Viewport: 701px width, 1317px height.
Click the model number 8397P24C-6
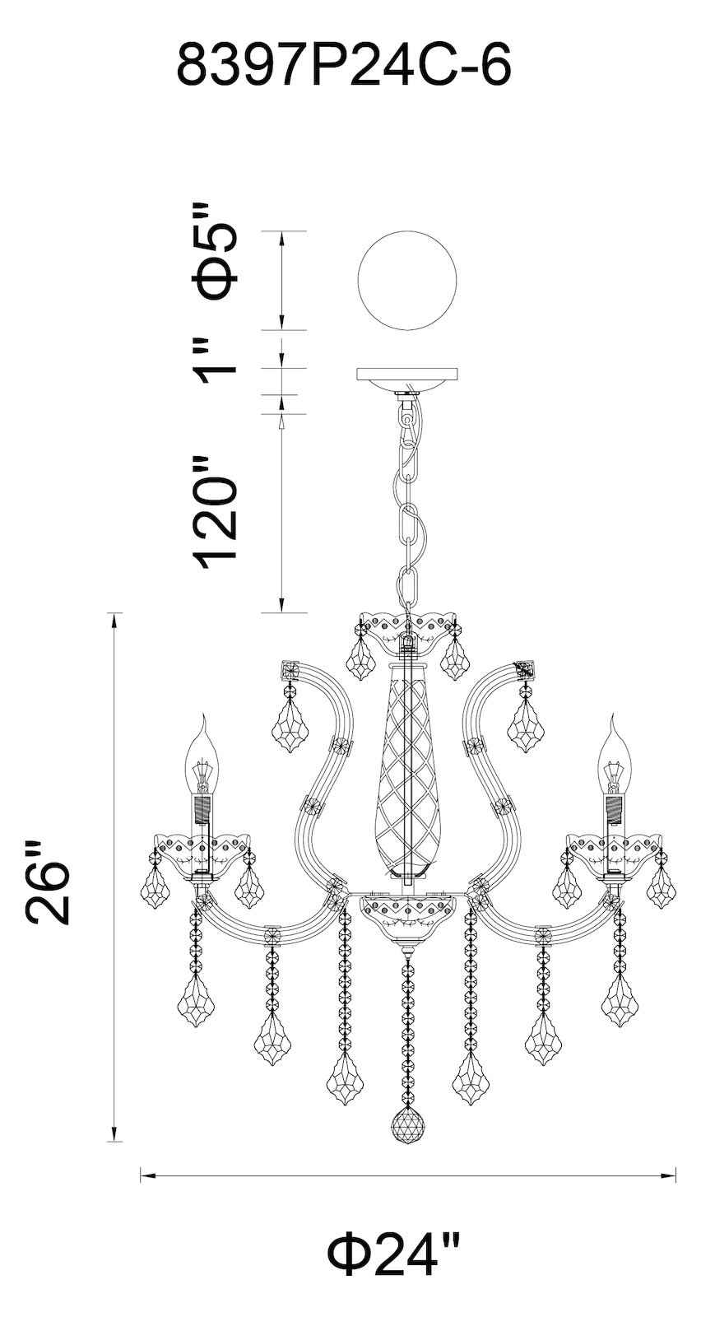click(x=345, y=67)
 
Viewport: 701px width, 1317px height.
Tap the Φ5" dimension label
click(x=216, y=251)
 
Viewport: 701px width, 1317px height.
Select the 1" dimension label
click(x=216, y=360)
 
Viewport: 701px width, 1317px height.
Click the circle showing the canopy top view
click(x=407, y=281)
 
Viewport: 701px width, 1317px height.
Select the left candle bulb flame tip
click(x=205, y=715)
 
